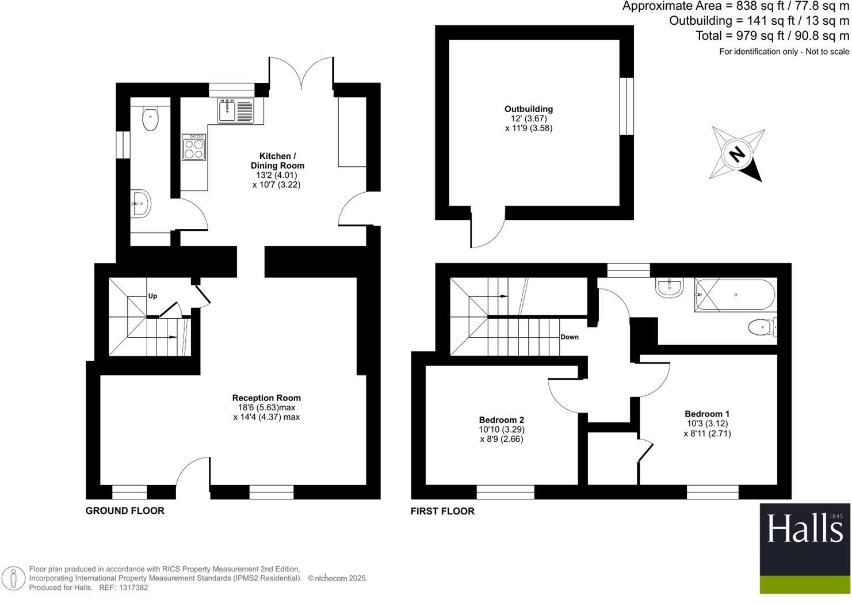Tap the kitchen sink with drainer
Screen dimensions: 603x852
tap(235, 110)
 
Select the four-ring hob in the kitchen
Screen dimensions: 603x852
tap(194, 147)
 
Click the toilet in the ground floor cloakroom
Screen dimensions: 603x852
tap(150, 119)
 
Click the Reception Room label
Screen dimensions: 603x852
tap(266, 398)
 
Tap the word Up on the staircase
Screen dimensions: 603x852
tap(152, 296)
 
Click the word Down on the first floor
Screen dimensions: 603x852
tap(570, 337)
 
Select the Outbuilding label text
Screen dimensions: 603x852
tap(528, 109)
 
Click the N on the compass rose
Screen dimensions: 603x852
tap(736, 154)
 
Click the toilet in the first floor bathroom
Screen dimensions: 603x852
tap(762, 328)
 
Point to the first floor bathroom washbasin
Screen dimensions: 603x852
tap(669, 287)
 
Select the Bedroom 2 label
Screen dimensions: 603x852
tap(501, 420)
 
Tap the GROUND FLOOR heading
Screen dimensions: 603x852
tap(125, 511)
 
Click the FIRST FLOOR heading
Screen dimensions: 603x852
tap(442, 511)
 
